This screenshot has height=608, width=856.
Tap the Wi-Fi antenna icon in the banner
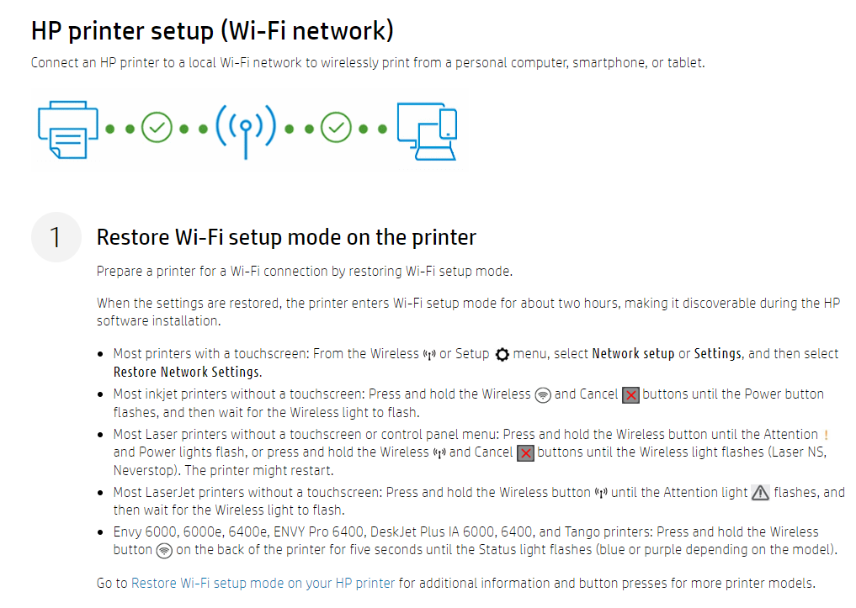[x=245, y=130]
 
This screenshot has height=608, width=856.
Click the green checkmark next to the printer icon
[x=157, y=129]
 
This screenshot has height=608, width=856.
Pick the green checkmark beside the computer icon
[x=337, y=129]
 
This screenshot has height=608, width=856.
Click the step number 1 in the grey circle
[x=56, y=237]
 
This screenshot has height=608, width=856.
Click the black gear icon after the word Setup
[x=502, y=355]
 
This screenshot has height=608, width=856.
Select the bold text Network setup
[x=633, y=354]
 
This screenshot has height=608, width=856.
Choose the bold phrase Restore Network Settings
[x=187, y=373]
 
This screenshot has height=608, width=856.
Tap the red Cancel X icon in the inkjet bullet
[x=630, y=395]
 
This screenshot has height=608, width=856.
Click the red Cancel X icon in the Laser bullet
[x=525, y=453]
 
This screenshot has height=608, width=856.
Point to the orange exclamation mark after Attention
[x=826, y=435]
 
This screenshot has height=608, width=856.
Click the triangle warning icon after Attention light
[x=760, y=494]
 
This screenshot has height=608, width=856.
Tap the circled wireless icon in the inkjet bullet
[x=543, y=395]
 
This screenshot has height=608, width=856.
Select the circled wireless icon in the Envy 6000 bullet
[x=165, y=551]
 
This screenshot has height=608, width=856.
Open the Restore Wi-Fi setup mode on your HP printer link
[x=263, y=583]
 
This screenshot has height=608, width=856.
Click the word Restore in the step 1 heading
[x=132, y=237]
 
